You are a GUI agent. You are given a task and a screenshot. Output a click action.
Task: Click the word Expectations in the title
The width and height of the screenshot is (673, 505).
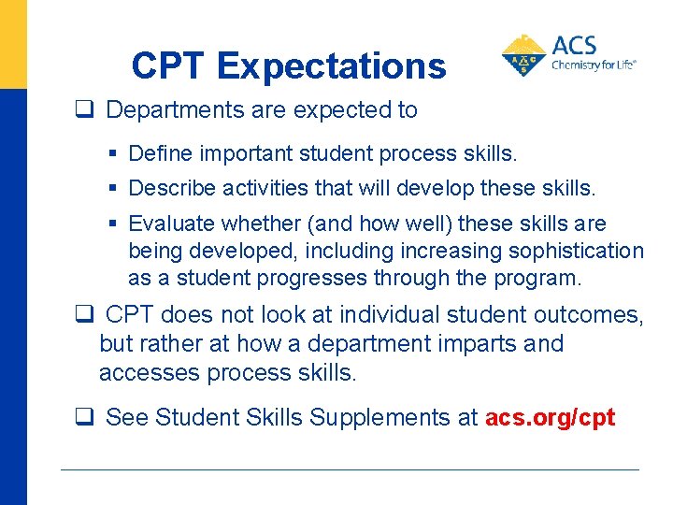[332, 65]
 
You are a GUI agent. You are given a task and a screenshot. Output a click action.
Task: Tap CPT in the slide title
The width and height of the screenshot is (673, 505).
[169, 65]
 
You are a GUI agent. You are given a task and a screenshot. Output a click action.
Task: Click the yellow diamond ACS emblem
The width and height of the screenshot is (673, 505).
[524, 54]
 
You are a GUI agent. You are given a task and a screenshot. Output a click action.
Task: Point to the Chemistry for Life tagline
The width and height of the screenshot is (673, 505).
[594, 65]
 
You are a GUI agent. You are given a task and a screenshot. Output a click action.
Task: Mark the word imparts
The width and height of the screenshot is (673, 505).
[473, 343]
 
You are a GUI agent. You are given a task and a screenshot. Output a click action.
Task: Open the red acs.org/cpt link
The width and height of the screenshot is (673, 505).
[550, 417]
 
